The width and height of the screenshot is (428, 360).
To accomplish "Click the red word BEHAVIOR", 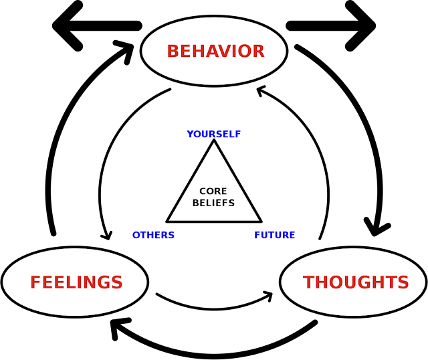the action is [x=215, y=51].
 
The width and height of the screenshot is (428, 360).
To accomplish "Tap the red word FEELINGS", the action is [x=76, y=282].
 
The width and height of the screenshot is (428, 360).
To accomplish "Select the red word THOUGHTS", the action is [x=356, y=282].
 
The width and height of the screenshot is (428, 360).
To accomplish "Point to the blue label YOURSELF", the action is [x=214, y=134].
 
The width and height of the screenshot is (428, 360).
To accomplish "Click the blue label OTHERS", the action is [x=153, y=235].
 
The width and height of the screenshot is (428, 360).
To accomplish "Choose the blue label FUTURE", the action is [x=275, y=235].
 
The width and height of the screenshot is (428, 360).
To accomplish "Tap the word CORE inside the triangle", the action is [x=213, y=191].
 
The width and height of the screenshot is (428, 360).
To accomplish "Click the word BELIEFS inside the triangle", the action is [x=213, y=203].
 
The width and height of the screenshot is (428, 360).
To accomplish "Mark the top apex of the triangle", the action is [x=214, y=140].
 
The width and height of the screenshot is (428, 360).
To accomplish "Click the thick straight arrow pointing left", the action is [x=97, y=26].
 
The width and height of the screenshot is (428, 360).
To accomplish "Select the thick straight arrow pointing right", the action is [x=331, y=26].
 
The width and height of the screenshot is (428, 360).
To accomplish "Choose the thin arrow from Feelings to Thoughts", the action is [x=214, y=308].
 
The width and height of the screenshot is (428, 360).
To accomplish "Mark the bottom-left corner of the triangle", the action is [x=167, y=221].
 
